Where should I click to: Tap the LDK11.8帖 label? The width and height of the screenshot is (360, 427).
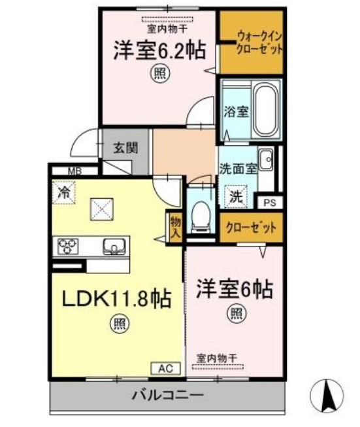(116, 298)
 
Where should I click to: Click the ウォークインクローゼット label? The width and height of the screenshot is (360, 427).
(251, 43)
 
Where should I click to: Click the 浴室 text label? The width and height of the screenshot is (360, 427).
(235, 111)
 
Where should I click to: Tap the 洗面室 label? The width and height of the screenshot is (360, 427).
(237, 167)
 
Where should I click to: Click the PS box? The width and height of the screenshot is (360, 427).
(270, 203)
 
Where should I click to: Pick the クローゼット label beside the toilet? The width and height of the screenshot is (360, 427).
(251, 228)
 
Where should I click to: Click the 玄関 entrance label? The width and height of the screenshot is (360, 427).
(125, 147)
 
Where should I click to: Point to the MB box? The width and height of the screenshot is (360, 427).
(73, 172)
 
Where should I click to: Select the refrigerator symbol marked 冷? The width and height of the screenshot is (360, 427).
(65, 193)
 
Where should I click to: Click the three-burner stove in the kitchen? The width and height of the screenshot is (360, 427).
(68, 247)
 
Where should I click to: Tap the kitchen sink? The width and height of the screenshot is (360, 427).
(114, 247)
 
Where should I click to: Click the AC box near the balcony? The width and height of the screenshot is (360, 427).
(166, 368)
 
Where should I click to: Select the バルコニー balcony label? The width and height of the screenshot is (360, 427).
(167, 395)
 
